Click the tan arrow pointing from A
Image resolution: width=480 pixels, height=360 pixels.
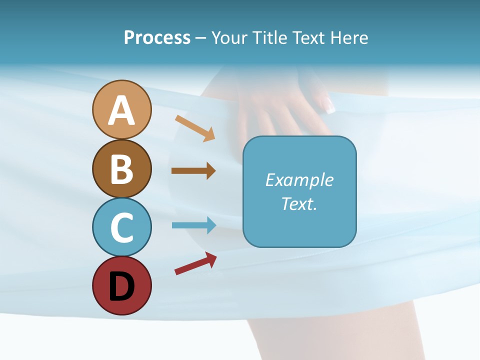click(195, 128)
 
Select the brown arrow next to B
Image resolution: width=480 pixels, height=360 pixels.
click(193, 171)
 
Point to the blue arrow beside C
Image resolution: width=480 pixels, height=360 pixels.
click(193, 225)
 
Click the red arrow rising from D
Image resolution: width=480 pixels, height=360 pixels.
click(195, 263)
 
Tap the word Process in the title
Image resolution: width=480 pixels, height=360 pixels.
click(157, 37)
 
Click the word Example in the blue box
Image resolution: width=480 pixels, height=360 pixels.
click(299, 180)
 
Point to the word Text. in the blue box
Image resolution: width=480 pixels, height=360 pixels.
click(299, 203)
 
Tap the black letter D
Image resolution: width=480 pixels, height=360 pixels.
click(121, 286)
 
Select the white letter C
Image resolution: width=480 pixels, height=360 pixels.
click(121, 228)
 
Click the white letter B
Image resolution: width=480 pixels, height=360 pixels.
click(121, 169)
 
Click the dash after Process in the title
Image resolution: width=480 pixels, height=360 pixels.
click(200, 38)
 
